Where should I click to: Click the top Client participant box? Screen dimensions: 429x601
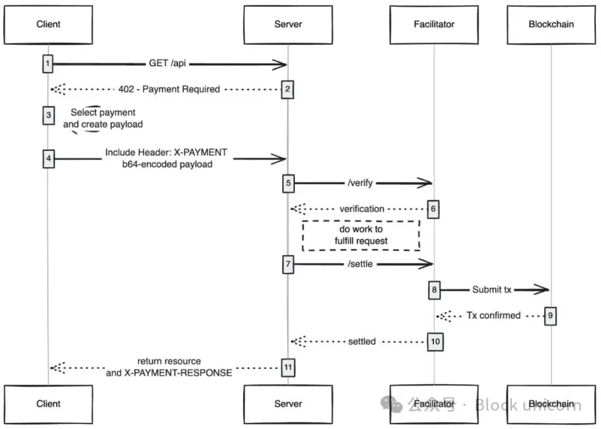pos(48,25)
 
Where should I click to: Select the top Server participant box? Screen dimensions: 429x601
pos(288,25)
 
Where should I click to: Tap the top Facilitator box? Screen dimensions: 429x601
pos(434,25)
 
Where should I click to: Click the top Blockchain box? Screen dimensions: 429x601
pos(551,25)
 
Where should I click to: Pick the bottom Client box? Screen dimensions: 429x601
pos(48,404)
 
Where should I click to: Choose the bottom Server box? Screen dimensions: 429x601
pos(288,404)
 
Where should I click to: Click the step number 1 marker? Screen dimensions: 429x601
pos(48,63)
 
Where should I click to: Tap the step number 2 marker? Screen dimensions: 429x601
pos(288,89)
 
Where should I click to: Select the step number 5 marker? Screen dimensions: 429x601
pos(288,183)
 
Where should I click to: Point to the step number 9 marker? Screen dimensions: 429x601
pos(551,316)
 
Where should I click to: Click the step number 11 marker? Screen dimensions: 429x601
pos(288,367)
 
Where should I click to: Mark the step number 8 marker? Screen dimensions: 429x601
pos(434,290)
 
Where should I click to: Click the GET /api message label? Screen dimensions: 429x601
pos(167,63)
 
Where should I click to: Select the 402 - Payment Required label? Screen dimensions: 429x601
pos(169,89)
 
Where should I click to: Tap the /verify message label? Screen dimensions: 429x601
pos(360,183)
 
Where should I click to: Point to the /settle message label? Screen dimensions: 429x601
pos(360,264)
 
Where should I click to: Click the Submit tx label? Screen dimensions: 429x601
pos(492,290)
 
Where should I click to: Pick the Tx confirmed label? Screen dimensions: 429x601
pos(493,316)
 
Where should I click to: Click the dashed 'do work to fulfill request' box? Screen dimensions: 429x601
pos(361,235)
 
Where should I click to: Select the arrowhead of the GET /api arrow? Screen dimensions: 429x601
pos(282,63)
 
